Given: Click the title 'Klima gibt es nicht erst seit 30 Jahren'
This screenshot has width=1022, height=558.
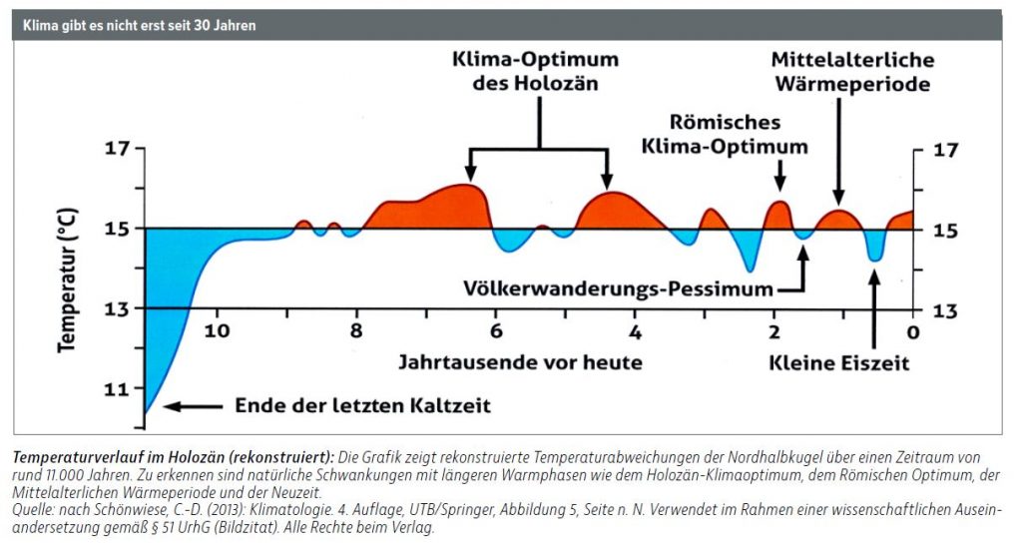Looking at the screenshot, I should tap(134, 25).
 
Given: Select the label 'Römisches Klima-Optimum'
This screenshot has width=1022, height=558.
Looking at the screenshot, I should tap(738, 135).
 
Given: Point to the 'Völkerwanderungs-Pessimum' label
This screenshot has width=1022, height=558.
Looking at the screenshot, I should tap(619, 288).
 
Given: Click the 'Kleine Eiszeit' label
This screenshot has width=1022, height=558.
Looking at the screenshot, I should tap(839, 363).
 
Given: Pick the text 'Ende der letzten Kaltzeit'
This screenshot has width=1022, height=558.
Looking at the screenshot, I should tap(362, 406).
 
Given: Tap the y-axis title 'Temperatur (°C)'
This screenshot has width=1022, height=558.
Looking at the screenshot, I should tap(67, 289).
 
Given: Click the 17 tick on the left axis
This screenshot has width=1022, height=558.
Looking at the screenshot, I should tap(117, 150).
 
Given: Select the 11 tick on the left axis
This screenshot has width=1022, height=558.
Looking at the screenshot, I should tap(117, 389).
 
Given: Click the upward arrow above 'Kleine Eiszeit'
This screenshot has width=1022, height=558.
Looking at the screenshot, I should tap(875, 304).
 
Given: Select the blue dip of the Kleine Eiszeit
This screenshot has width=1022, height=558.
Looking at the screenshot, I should tap(875, 247).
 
